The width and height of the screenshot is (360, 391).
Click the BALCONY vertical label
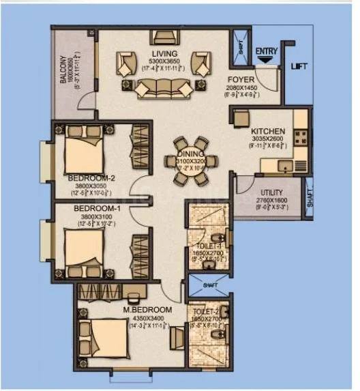tap(63, 70)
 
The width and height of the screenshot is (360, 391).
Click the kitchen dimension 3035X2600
tap(267, 139)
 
